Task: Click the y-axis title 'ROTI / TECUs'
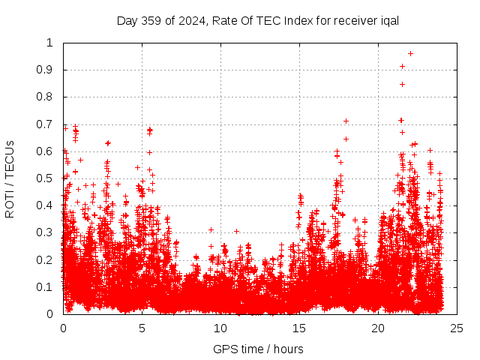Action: [10, 178]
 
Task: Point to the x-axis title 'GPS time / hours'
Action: [258, 349]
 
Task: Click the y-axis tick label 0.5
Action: [49, 178]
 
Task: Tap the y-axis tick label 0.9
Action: [49, 70]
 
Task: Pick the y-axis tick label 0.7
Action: [49, 124]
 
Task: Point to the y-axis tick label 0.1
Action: [49, 287]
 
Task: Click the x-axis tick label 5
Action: [142, 328]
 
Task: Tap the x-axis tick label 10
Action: [220, 328]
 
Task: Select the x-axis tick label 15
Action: [299, 328]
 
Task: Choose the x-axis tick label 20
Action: [378, 328]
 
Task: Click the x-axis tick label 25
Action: [457, 328]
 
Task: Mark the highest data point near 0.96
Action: [410, 53]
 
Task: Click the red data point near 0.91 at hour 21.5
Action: [403, 66]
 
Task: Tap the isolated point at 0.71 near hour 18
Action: [346, 121]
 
